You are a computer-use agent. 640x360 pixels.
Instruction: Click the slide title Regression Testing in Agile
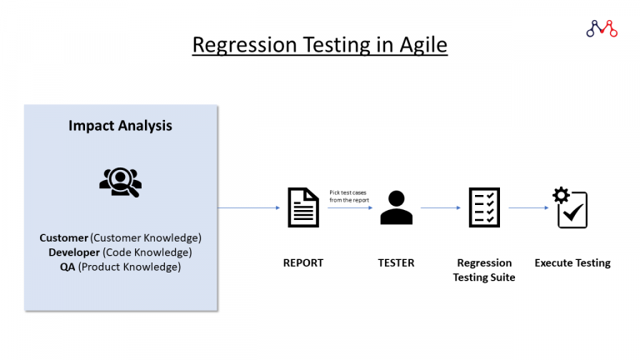click(319, 44)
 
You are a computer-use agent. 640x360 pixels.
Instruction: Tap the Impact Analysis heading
click(120, 126)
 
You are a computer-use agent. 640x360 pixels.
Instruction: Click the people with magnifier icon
click(120, 181)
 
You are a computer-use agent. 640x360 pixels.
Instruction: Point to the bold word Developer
click(73, 252)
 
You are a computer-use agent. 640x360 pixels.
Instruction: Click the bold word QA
click(68, 267)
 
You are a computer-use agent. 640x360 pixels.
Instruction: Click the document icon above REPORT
click(303, 207)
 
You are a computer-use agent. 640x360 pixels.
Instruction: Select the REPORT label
click(303, 262)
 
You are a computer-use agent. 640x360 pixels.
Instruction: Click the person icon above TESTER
click(396, 207)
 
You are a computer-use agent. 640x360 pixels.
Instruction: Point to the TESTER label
click(396, 262)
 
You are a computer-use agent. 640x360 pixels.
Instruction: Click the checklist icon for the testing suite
click(484, 207)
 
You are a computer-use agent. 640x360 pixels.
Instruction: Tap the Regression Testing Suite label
click(484, 270)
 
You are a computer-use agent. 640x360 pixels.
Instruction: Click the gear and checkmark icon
click(571, 207)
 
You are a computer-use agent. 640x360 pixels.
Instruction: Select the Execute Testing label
click(572, 262)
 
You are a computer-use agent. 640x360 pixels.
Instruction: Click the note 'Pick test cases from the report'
click(349, 196)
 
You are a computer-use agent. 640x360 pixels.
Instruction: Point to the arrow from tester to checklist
click(441, 207)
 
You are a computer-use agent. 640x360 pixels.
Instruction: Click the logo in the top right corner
click(601, 28)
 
